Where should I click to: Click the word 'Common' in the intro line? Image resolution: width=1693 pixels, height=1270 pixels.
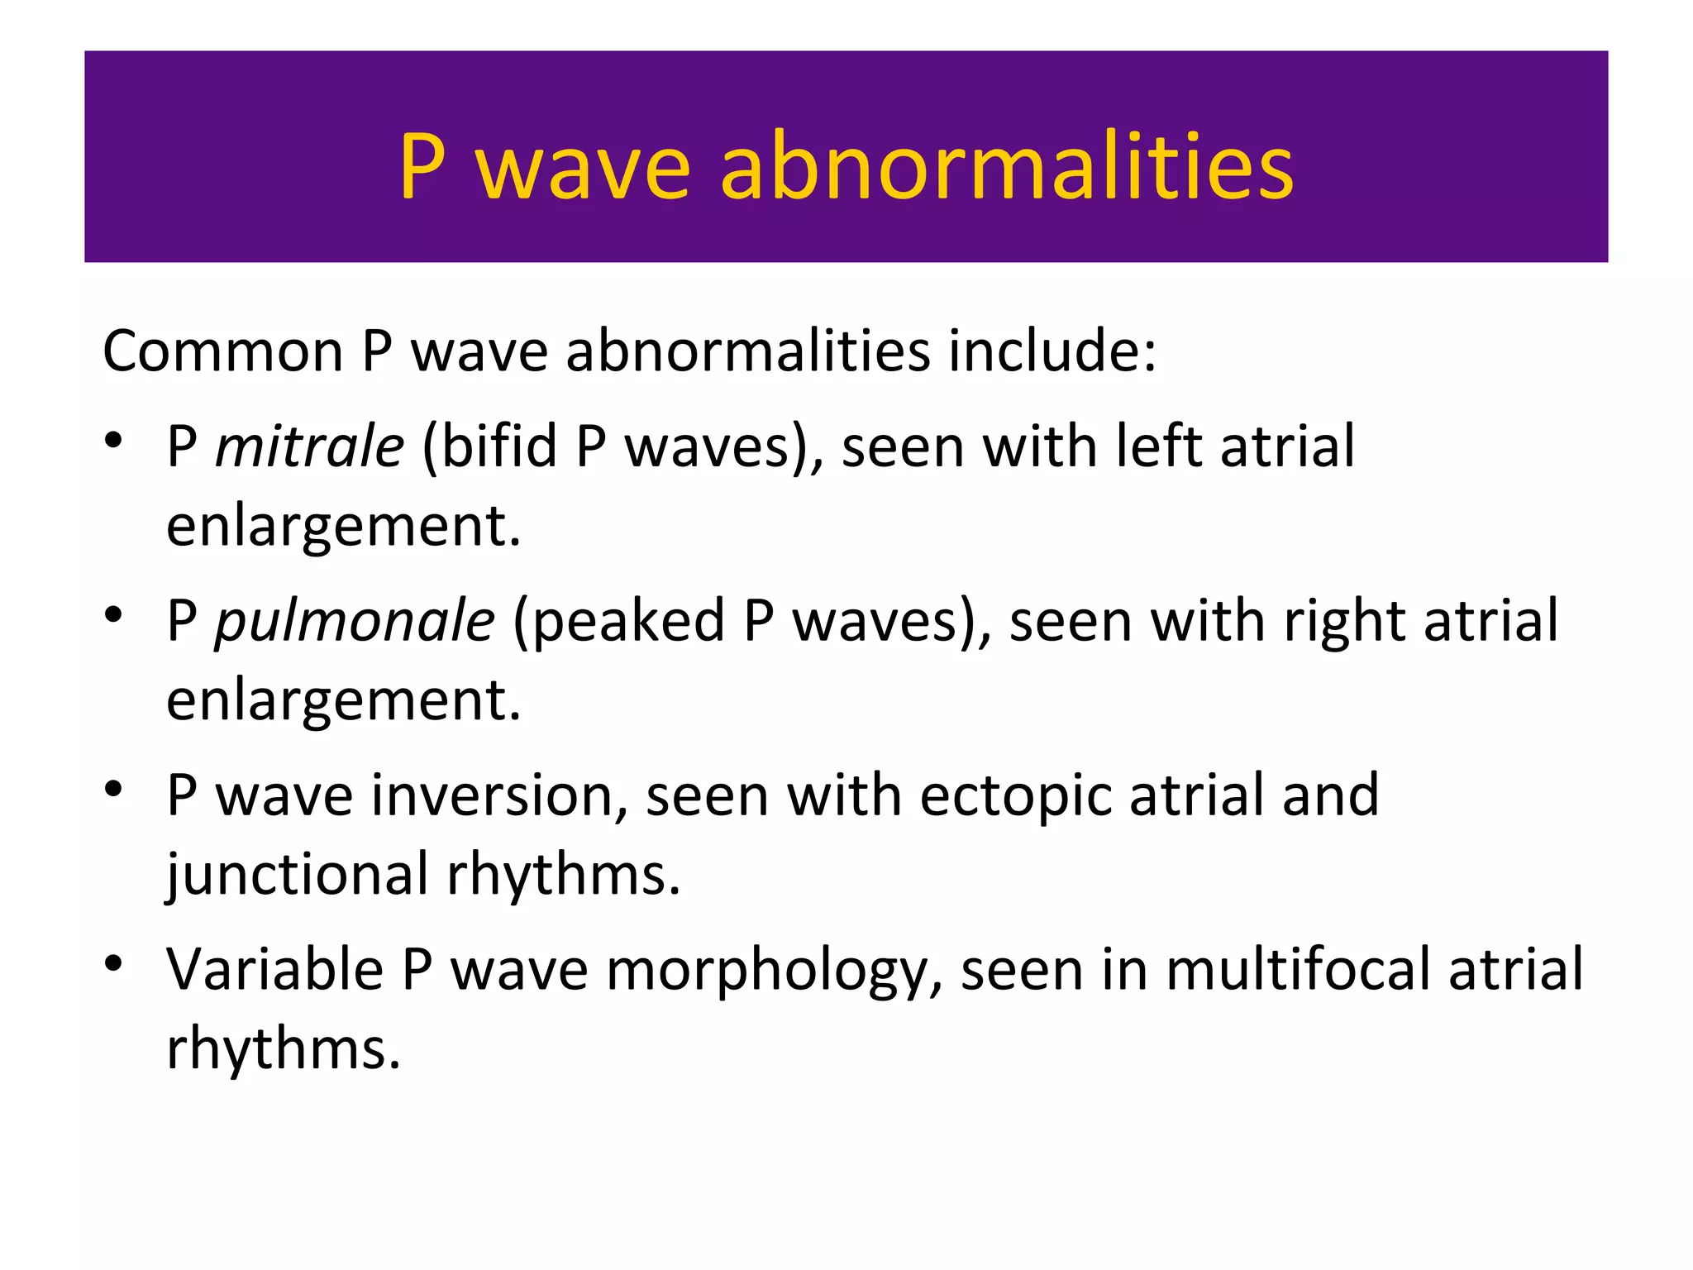click(222, 351)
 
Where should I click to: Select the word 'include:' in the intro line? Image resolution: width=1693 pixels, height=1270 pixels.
click(1052, 351)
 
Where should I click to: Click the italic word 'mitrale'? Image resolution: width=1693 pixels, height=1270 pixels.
click(309, 446)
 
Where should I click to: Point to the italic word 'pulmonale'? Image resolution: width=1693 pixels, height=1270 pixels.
click(355, 621)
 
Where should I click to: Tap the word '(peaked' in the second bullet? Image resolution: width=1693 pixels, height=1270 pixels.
click(618, 621)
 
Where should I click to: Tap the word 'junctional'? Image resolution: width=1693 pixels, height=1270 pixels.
click(297, 875)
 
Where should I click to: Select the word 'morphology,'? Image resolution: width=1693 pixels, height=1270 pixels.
click(774, 971)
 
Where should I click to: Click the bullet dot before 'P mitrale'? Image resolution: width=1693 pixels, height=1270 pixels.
click(114, 440)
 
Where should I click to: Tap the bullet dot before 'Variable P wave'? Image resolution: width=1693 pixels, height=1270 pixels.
click(114, 963)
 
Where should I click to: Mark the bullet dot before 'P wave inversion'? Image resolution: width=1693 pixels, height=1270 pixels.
click(114, 789)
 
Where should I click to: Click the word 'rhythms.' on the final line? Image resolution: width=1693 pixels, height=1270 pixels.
click(284, 1048)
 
